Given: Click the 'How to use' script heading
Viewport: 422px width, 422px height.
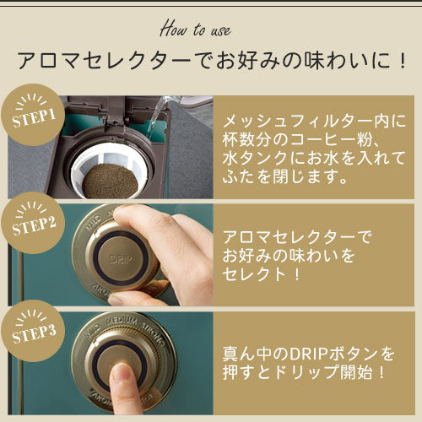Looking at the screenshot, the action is click(x=196, y=29).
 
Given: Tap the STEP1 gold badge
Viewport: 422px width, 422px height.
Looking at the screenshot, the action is click(x=33, y=115).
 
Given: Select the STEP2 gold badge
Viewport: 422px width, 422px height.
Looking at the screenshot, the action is click(x=33, y=223).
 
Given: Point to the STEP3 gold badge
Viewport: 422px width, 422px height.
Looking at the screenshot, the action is click(x=33, y=331).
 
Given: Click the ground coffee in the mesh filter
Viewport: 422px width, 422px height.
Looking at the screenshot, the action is click(x=110, y=181).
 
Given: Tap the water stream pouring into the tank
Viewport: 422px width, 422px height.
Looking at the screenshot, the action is click(x=157, y=116).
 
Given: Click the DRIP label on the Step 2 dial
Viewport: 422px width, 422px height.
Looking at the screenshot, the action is click(x=120, y=259).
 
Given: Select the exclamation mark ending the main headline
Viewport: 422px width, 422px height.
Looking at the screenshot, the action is click(x=403, y=60).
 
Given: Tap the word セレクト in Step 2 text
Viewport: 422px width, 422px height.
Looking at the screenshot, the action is click(x=254, y=273).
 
